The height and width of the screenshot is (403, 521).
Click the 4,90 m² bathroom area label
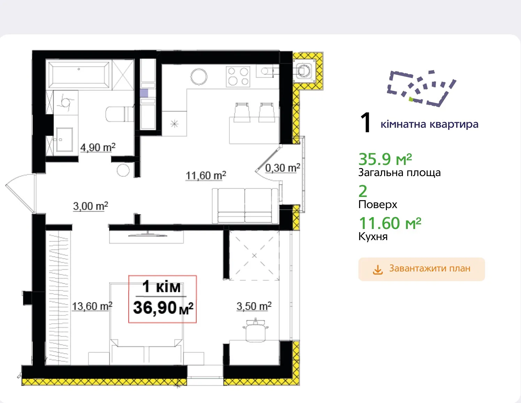(x=98, y=147)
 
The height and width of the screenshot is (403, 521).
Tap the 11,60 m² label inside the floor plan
(x=206, y=176)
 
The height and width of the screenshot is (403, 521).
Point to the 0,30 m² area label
(x=282, y=168)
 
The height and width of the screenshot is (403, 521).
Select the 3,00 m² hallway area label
(x=91, y=206)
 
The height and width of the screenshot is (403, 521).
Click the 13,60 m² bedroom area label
(x=92, y=306)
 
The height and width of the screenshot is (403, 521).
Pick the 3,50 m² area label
(x=254, y=306)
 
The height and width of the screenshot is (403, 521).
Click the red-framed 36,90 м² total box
(x=163, y=299)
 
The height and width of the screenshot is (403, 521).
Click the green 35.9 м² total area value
(x=385, y=159)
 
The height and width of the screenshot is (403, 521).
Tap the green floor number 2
(x=363, y=191)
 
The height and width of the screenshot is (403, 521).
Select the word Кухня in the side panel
(x=373, y=237)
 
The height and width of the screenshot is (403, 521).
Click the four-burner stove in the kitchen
(x=238, y=77)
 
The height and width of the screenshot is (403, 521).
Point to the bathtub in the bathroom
(x=79, y=75)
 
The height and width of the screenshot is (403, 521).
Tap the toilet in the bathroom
(x=119, y=114)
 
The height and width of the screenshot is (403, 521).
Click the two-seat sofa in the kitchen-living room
(x=245, y=206)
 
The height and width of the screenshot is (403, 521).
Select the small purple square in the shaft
(x=144, y=93)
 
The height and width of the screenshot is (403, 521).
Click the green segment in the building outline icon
(x=411, y=99)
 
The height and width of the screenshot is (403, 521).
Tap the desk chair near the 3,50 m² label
(x=255, y=330)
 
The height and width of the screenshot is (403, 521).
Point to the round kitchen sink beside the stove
(x=199, y=77)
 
